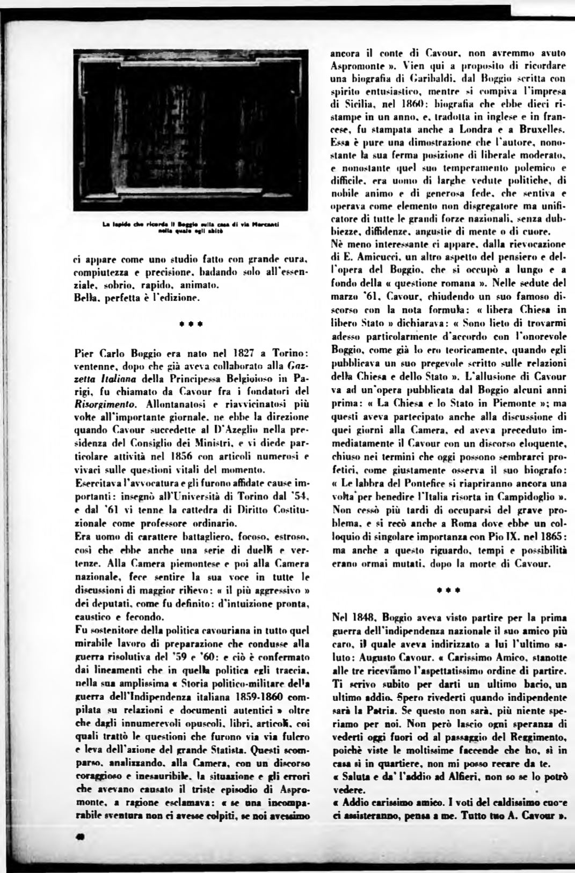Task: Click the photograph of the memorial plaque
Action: [x=191, y=130]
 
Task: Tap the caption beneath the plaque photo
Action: [x=191, y=230]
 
